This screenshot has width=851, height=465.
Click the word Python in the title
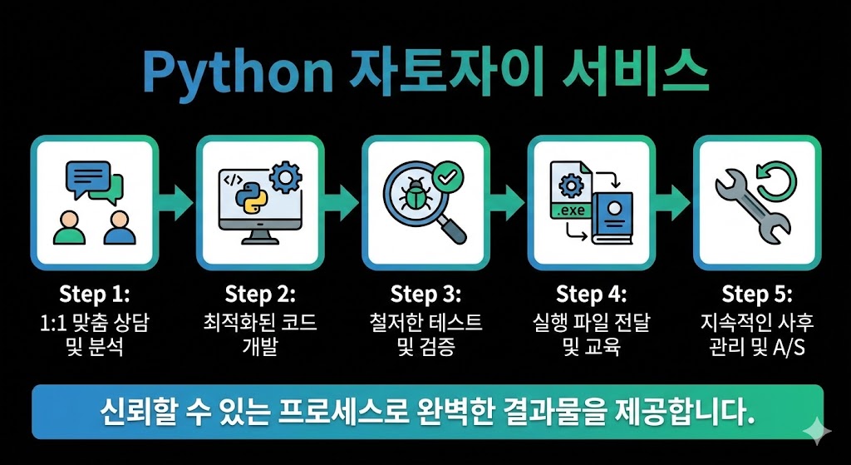pyautogui.click(x=239, y=74)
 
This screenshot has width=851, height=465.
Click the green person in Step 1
pyautogui.click(x=70, y=227)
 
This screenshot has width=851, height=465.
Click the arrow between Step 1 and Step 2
pyautogui.click(x=176, y=201)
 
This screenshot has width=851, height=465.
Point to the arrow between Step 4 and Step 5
pyautogui.click(x=674, y=201)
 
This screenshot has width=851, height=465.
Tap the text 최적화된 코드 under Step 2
pyautogui.click(x=260, y=322)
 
